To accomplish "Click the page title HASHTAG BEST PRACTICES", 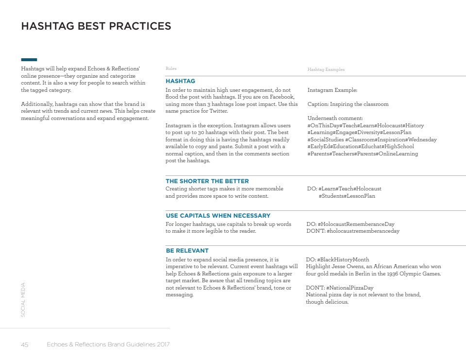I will point(96,26).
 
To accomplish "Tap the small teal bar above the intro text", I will point(29,60).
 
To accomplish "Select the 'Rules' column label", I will point(171,69).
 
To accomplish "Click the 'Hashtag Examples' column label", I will point(326,69).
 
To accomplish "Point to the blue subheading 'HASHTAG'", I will point(180,81).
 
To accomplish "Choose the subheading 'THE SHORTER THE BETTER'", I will point(207,181).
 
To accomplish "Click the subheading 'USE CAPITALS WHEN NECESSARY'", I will point(218,216).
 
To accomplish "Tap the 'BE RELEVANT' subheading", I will point(187,251).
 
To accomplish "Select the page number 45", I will point(25,344).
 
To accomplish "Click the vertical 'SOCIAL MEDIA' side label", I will point(23,300).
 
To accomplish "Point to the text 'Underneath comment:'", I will point(335,119).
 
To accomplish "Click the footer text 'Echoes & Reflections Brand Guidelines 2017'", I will point(108,344).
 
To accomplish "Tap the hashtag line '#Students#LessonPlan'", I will point(347,196).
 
